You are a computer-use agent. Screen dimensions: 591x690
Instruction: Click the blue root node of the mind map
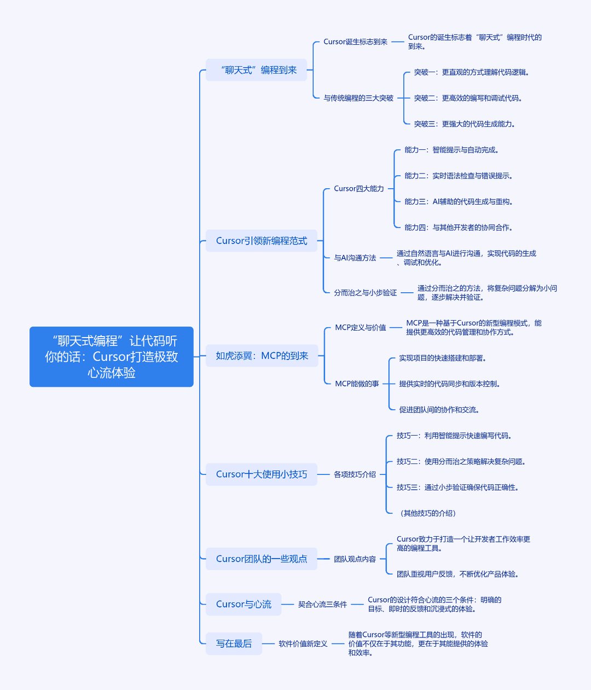pos(112,357)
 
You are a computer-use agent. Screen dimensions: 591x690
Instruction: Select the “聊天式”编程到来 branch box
pos(256,70)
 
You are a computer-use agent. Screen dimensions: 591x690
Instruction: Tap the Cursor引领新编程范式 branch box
pos(262,241)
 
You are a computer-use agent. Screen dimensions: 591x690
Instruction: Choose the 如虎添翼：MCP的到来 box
pos(262,356)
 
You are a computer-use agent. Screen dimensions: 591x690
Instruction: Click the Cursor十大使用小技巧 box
pos(262,474)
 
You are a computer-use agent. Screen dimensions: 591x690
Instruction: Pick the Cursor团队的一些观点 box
pos(262,559)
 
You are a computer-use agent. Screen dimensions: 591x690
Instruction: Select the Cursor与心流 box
pos(244,604)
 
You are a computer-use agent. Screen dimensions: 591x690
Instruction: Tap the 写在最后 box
pos(234,643)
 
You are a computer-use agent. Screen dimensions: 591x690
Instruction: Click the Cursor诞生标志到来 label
pos(355,42)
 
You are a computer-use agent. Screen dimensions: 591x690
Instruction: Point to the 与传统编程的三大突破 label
pos(358,98)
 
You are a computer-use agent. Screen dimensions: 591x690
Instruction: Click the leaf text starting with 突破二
pos(468,98)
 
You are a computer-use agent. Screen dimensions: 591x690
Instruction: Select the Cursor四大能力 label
pos(359,189)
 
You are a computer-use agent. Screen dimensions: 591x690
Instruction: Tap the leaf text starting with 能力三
pos(459,201)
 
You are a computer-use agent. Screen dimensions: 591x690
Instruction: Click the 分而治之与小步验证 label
pos(366,293)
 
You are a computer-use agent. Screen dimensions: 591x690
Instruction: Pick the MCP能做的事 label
pos(357,384)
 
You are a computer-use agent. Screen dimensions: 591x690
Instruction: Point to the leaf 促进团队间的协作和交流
pos(439,410)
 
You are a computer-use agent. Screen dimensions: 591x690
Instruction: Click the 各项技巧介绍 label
pos(355,474)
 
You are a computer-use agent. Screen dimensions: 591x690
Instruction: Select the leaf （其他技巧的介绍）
pos(428,513)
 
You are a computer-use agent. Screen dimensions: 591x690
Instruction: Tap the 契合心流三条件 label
pos(322,604)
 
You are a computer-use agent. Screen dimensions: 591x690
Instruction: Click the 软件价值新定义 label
pos(303,643)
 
